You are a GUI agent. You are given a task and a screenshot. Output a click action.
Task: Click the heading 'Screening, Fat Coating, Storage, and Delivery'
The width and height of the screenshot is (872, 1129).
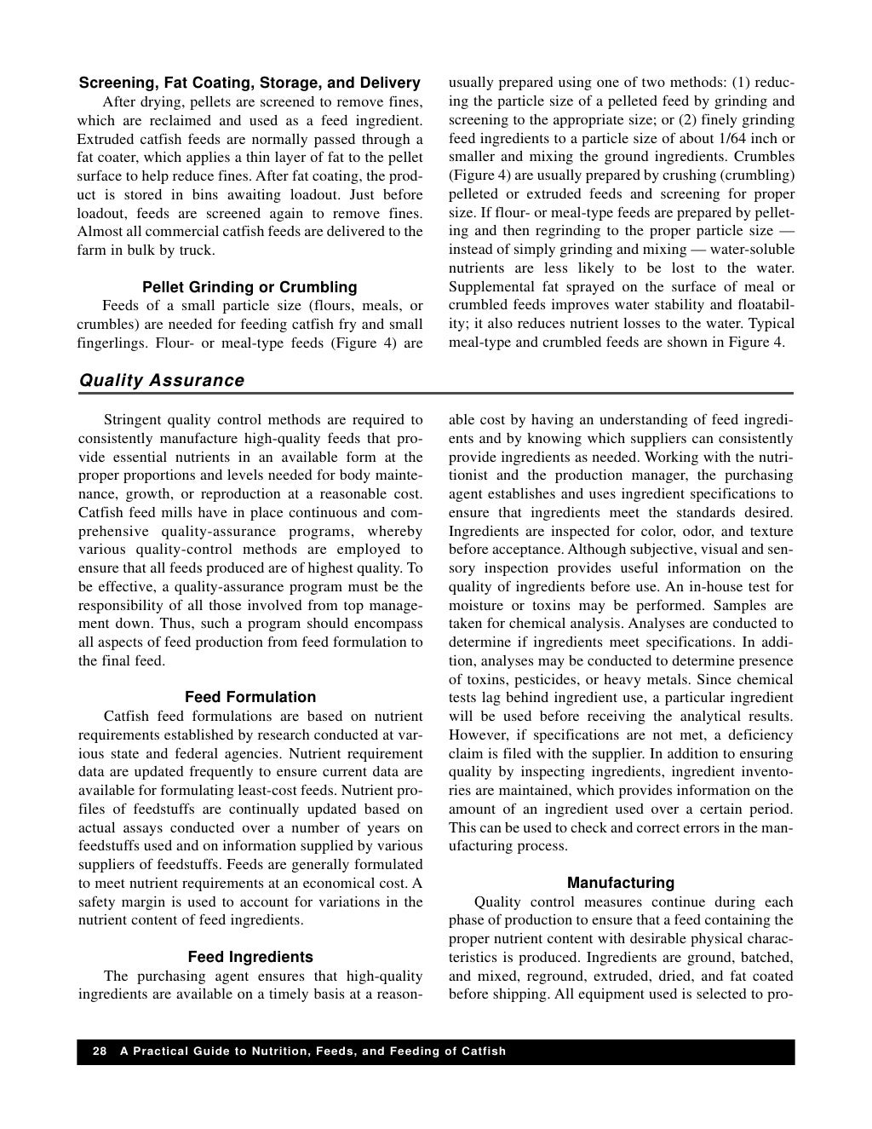click(x=250, y=83)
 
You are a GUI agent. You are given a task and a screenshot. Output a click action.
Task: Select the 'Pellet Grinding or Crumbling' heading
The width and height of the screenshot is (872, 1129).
click(x=250, y=287)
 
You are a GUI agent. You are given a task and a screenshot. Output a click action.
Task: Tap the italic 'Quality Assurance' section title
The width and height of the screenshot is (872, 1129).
click(x=162, y=381)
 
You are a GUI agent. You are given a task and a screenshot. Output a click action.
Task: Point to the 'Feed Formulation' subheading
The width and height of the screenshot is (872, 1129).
click(x=250, y=697)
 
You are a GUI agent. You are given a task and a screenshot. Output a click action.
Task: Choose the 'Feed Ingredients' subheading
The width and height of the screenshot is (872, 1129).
click(x=250, y=957)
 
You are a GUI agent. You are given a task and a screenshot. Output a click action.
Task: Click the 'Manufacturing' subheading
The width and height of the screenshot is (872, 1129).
click(x=620, y=883)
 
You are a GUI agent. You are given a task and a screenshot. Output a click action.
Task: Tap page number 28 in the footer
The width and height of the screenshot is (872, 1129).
click(x=100, y=1051)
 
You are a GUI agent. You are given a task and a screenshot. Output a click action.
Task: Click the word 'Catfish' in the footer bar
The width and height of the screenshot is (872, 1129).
click(x=484, y=1051)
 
